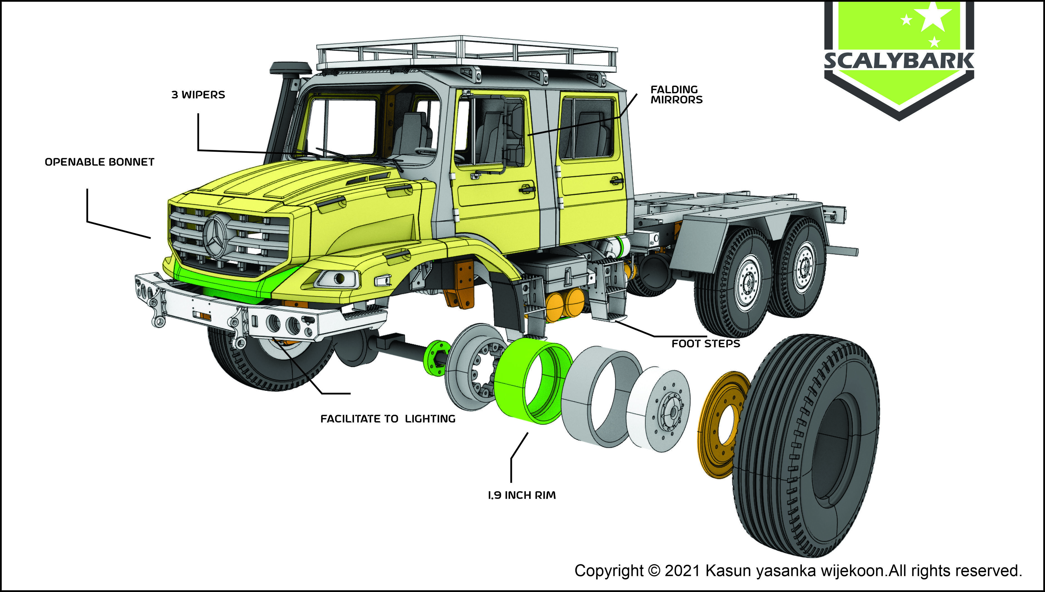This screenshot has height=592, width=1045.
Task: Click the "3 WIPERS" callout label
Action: pyautogui.click(x=198, y=95)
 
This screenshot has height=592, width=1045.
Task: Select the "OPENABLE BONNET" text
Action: pyautogui.click(x=99, y=162)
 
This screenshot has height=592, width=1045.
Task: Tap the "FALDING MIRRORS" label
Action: pyautogui.click(x=676, y=94)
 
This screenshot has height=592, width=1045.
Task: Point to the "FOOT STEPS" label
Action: pyautogui.click(x=706, y=344)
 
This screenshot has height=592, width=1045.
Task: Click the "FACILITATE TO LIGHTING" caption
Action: pyautogui.click(x=388, y=419)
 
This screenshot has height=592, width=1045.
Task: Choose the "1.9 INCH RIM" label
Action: pyautogui.click(x=521, y=495)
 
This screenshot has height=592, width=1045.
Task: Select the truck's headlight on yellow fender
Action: pyautogui.click(x=338, y=279)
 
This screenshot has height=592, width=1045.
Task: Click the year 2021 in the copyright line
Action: pyautogui.click(x=682, y=571)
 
